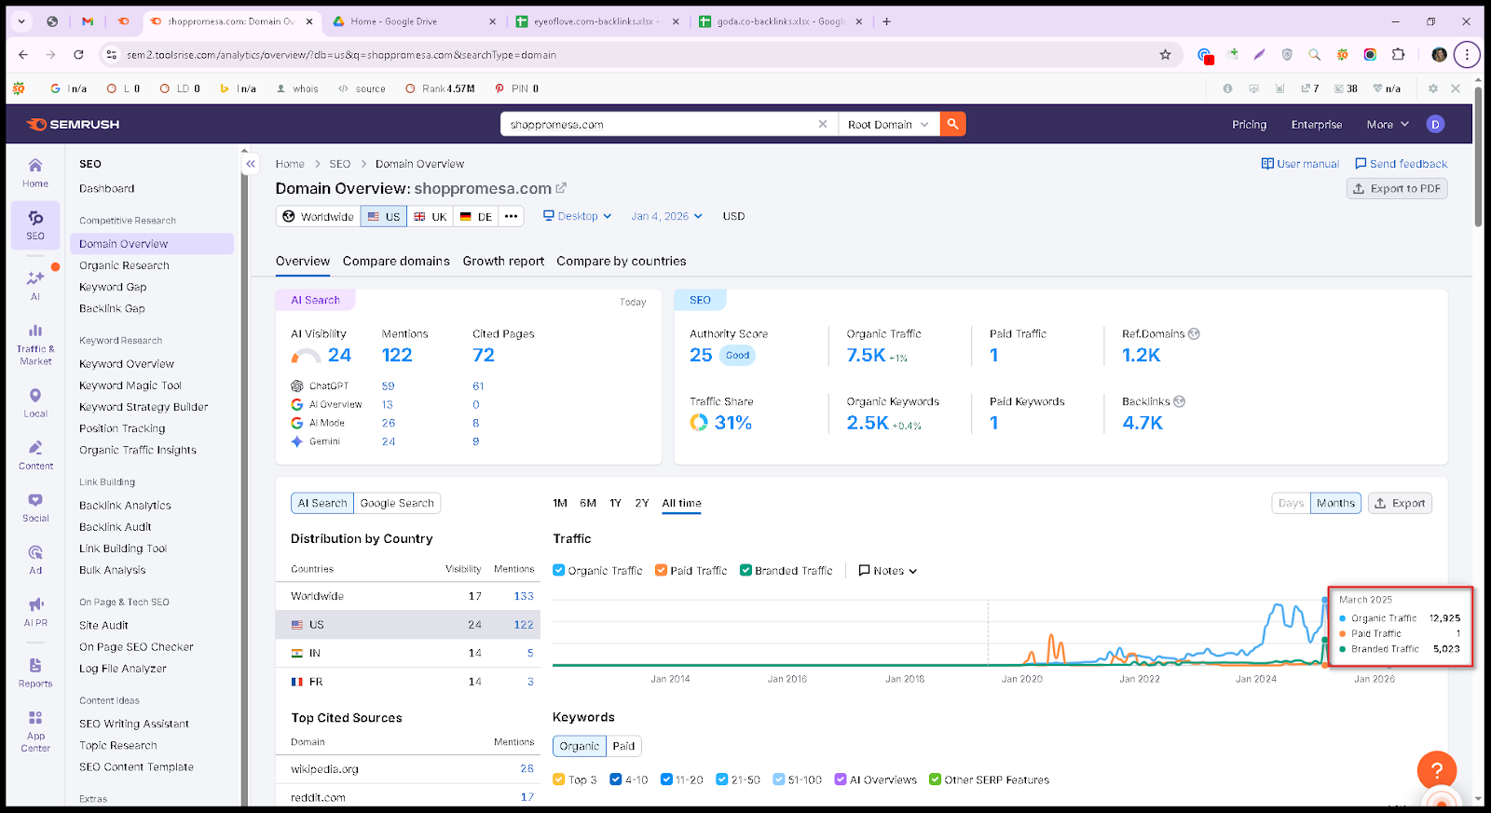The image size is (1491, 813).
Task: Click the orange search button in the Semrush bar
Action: pos(952,125)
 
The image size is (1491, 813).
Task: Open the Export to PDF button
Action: pos(1397,189)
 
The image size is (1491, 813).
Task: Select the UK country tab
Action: pos(430,216)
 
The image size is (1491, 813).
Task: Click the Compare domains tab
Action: pos(396,262)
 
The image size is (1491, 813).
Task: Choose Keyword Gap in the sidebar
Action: pos(113,287)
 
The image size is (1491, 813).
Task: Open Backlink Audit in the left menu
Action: pos(116,527)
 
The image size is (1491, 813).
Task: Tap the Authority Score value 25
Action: pos(701,355)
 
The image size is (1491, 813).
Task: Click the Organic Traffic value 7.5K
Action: pos(866,355)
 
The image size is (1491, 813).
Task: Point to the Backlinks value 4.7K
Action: pos(1142,423)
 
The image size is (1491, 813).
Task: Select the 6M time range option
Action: pos(588,503)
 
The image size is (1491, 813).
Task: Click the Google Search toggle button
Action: pos(397,503)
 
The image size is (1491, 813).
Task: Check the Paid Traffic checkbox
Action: pos(661,570)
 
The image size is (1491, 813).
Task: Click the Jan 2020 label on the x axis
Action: pos(1022,679)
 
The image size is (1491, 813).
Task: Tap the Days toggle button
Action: pos(1291,503)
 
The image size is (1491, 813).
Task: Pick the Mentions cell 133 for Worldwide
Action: pos(524,596)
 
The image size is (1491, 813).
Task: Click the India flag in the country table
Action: pos(297,654)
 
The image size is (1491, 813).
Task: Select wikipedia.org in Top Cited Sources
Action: pos(325,769)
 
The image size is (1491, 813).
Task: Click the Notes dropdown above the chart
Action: pos(888,571)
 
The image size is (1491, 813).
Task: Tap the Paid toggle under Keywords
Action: pos(623,746)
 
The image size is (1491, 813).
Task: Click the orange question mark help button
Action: pos(1437,770)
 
